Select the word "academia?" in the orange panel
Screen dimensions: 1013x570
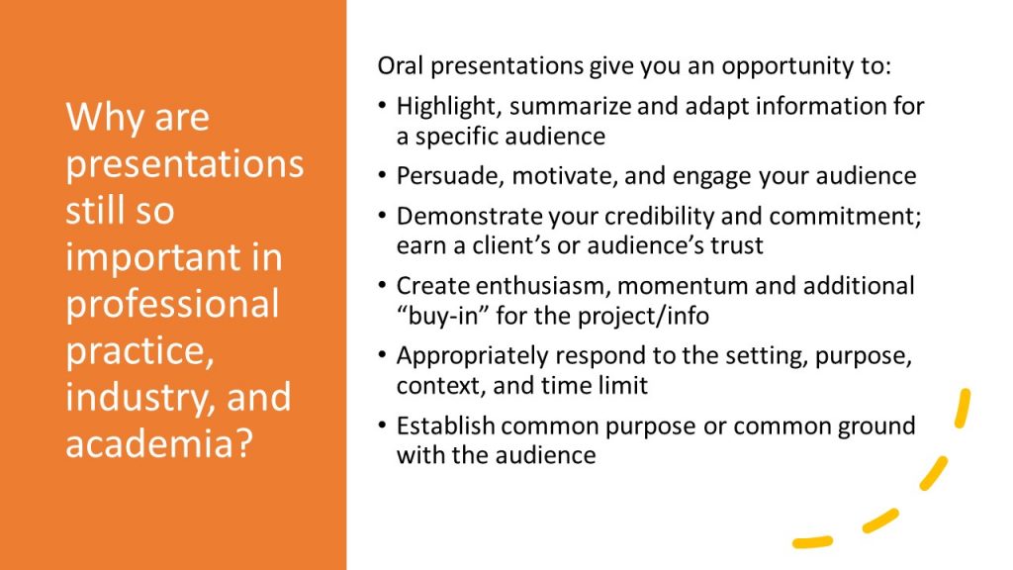[x=159, y=444]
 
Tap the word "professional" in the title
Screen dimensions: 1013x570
[x=172, y=305]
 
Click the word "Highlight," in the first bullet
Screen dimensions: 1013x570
[x=449, y=107]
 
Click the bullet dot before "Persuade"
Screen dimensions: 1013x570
[x=383, y=175]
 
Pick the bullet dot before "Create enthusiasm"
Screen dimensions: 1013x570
[x=383, y=285]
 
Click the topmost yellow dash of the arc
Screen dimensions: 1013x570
[x=963, y=408]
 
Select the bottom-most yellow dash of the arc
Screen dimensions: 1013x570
[x=813, y=541]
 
